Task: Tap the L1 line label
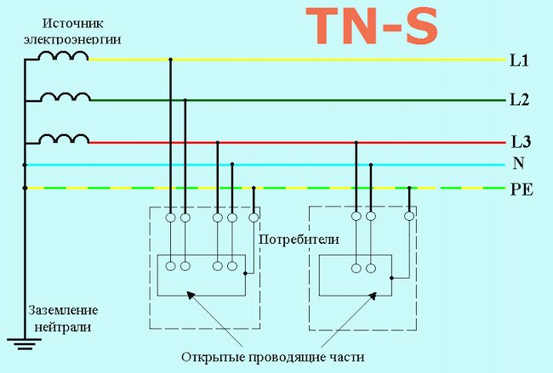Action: point(520,61)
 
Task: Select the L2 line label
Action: point(520,101)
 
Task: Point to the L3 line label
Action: point(520,142)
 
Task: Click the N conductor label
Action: point(519,164)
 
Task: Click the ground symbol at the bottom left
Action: point(25,343)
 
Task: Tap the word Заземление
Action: point(63,311)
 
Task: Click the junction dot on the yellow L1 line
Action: point(171,60)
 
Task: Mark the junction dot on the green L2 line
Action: point(185,100)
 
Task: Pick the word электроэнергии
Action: point(73,39)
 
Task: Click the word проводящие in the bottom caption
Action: point(292,354)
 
